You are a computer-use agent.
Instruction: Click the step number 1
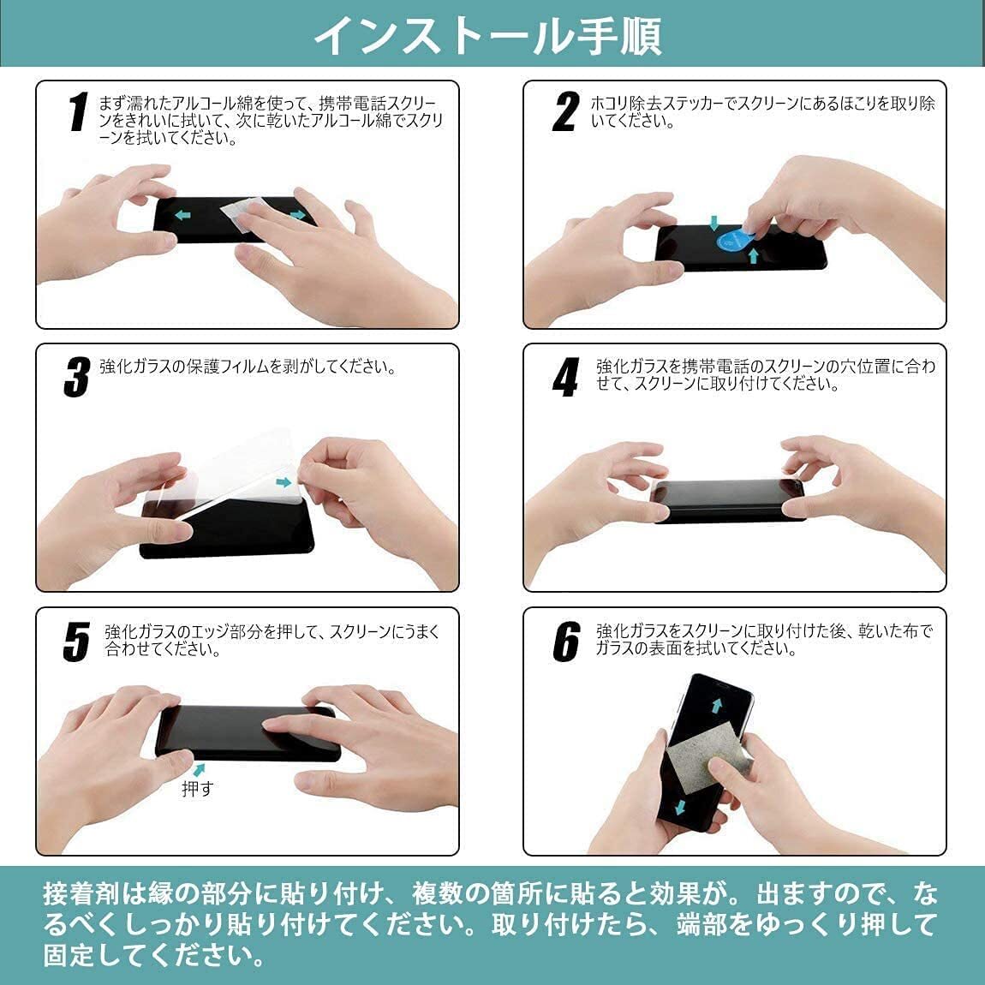(78, 112)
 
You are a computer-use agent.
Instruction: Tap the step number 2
(565, 112)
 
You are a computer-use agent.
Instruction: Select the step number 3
(76, 377)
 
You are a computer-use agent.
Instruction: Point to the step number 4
(565, 377)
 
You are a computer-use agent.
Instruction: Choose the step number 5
(76, 642)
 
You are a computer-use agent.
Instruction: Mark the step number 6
(566, 642)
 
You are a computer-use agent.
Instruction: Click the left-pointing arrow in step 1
(182, 214)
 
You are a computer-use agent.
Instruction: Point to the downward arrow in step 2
(713, 223)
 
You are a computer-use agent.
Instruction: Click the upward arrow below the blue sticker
(753, 255)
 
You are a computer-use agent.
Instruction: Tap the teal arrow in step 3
(284, 483)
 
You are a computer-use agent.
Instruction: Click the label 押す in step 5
(196, 789)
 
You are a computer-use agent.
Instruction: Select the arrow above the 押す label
(200, 769)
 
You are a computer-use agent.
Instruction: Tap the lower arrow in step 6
(680, 807)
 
